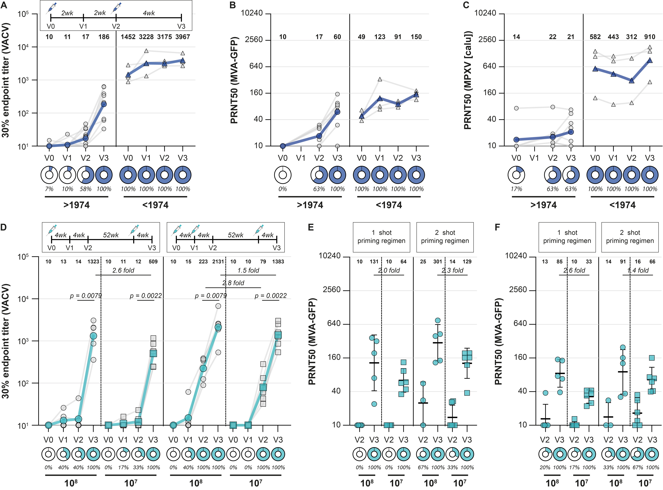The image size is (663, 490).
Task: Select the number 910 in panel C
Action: [x=650, y=37]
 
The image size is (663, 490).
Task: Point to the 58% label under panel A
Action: [x=86, y=189]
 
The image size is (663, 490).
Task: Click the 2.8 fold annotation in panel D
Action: [x=233, y=283]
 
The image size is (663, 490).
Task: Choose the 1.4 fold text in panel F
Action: [x=638, y=270]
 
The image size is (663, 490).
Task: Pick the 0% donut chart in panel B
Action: [x=283, y=175]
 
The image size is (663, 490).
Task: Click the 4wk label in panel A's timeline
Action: [x=149, y=13]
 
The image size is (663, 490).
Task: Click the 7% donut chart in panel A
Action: [x=49, y=175]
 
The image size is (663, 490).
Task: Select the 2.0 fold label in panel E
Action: [x=389, y=270]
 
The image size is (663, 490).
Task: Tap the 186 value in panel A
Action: [x=104, y=37]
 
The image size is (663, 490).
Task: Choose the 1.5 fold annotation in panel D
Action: [x=248, y=270]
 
